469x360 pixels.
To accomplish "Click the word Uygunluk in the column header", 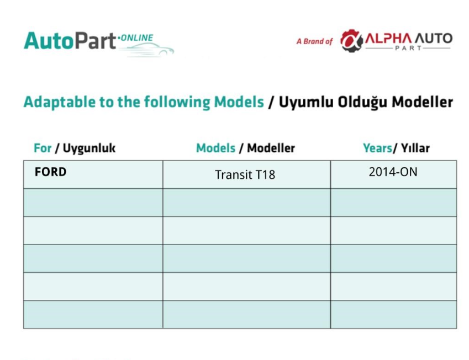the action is pos(89,149).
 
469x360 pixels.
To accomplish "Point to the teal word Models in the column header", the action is pos(215,148).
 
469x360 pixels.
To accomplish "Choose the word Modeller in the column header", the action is pos(271,148).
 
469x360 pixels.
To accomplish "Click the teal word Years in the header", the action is pos(377,148).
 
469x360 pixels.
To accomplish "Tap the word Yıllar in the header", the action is pos(415,148).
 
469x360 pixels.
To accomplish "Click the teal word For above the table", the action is pos(43,148).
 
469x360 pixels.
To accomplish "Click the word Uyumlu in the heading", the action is pos(306,102).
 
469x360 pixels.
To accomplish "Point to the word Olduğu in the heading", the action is pos(363,102).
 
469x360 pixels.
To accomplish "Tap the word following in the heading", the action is pos(177,102).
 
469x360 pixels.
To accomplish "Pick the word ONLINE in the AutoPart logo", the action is pos(137,38).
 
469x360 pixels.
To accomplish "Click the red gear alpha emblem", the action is pos(351,41).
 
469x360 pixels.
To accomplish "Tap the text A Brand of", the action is pos(314,41).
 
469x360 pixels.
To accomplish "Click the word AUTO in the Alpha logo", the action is pos(434,39).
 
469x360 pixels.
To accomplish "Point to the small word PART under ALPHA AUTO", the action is pos(408,48).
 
